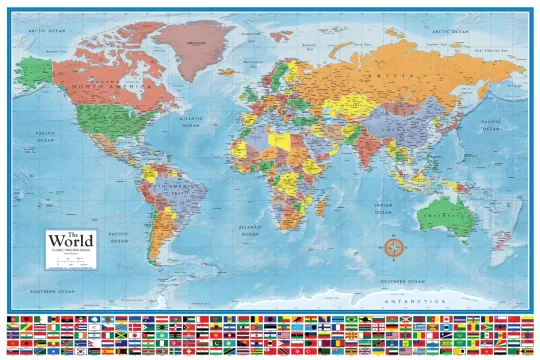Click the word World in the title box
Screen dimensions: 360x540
[x=72, y=242]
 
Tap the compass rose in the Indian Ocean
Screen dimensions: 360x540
[x=395, y=245]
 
